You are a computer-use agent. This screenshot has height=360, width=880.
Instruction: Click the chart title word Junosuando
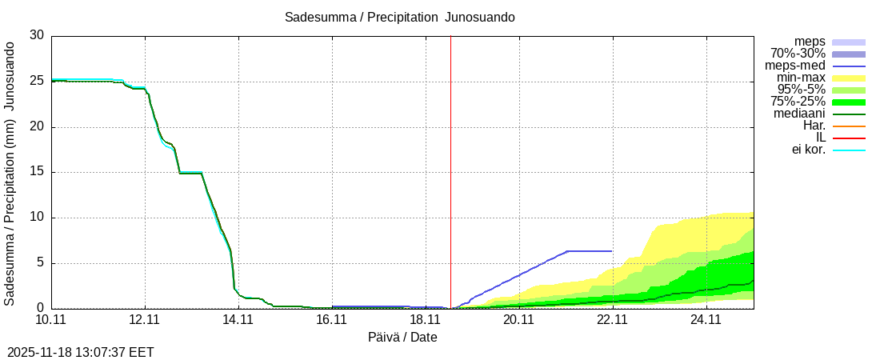(480, 17)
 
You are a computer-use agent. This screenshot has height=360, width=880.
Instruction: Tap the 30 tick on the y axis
(37, 36)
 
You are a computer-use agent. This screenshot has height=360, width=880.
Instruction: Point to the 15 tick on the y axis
(37, 172)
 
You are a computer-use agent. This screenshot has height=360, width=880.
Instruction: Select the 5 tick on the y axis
(40, 263)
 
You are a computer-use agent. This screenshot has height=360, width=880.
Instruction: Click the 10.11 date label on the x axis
(51, 320)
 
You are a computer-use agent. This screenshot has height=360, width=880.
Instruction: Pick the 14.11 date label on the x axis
(238, 320)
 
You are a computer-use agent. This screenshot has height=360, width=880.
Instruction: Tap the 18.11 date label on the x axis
(426, 320)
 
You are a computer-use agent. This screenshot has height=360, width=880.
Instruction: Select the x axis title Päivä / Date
(402, 338)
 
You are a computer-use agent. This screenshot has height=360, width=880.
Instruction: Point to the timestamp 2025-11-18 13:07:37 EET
(80, 352)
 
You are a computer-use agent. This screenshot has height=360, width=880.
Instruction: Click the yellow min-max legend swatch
(849, 78)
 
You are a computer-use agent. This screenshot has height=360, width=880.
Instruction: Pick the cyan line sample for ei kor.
(849, 150)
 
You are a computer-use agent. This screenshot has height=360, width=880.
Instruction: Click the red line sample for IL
(849, 138)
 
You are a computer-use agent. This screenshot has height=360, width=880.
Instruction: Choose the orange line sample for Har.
(849, 126)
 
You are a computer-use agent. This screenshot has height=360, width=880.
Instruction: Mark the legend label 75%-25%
(798, 102)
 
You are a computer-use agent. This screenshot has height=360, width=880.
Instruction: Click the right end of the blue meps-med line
(612, 251)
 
